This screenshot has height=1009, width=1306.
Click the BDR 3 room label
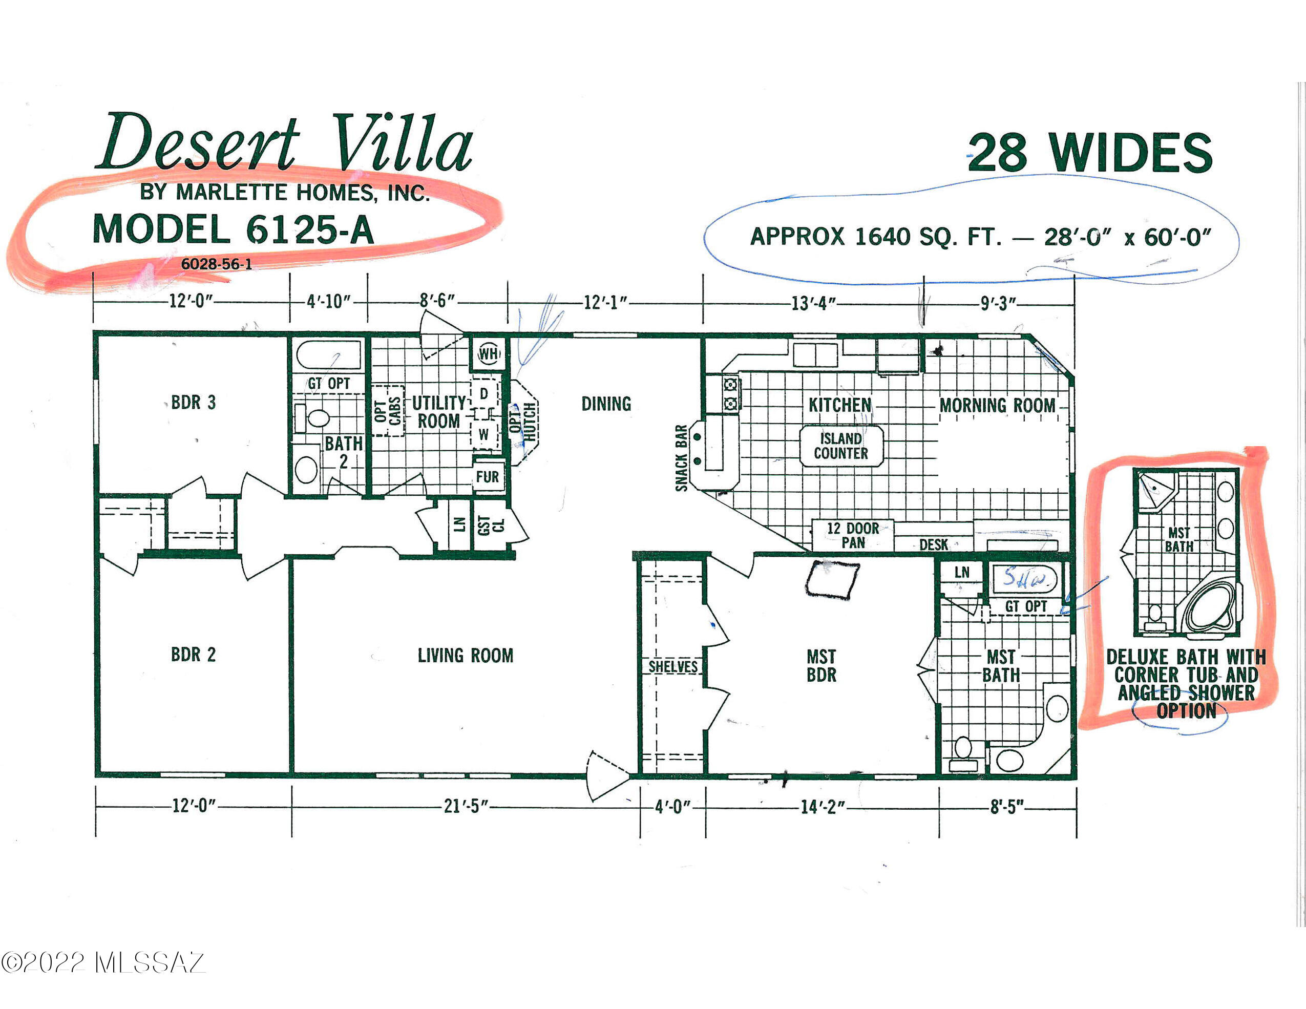pyautogui.click(x=193, y=403)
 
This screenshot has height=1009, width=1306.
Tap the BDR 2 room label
pyautogui.click(x=193, y=655)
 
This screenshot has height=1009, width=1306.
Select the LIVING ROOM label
pyautogui.click(x=465, y=656)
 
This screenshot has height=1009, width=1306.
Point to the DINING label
pyautogui.click(x=606, y=404)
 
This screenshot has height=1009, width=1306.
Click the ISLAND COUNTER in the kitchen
pyautogui.click(x=841, y=446)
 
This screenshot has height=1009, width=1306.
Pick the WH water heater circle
pyautogui.click(x=488, y=353)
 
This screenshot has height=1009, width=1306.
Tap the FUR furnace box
pyautogui.click(x=488, y=477)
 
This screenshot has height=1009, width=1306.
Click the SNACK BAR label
pyautogui.click(x=681, y=458)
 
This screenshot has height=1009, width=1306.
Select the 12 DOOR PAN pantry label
pyautogui.click(x=853, y=535)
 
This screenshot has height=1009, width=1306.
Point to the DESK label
pyautogui.click(x=934, y=544)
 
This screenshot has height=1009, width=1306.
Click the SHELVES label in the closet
pyautogui.click(x=673, y=666)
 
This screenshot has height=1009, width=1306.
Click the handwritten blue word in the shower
pyautogui.click(x=1024, y=578)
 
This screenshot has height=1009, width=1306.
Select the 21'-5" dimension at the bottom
pyautogui.click(x=466, y=806)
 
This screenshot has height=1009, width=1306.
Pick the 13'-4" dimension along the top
pyautogui.click(x=813, y=303)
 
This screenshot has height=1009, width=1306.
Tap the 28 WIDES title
pyautogui.click(x=1089, y=153)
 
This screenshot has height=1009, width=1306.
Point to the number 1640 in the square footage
pyautogui.click(x=882, y=237)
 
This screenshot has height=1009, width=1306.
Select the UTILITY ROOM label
pyautogui.click(x=438, y=412)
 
